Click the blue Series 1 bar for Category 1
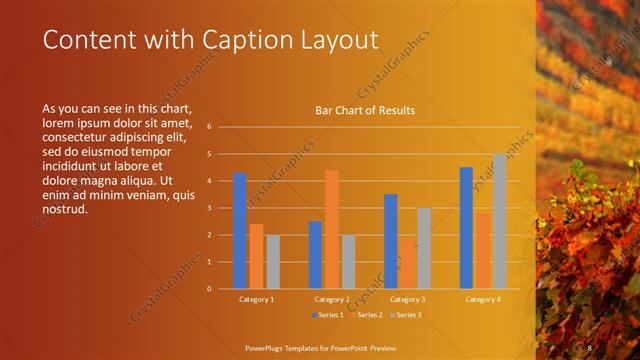(240, 231)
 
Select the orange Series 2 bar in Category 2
(332, 229)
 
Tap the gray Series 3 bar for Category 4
(499, 221)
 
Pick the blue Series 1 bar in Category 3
(390, 241)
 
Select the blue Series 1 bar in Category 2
(315, 255)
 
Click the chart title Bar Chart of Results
(365, 110)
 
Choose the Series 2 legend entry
(366, 315)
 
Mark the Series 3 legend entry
(405, 315)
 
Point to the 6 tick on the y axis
(208, 127)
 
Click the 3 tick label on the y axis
(208, 208)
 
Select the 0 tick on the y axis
(208, 289)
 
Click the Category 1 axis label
(256, 299)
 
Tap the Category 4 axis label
(482, 299)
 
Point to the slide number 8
(590, 346)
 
